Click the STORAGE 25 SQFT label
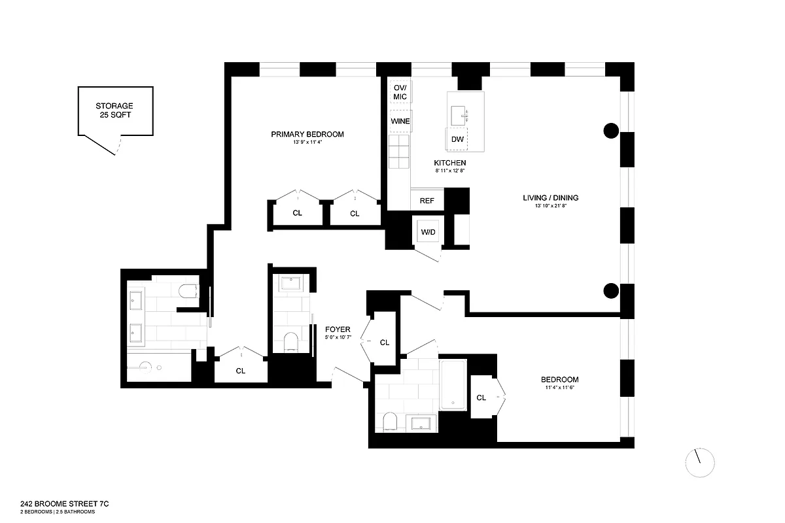[114, 110]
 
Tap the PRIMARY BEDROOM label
[307, 135]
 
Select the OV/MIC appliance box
[400, 92]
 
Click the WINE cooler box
[400, 122]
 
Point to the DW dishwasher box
[457, 139]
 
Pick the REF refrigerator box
[427, 201]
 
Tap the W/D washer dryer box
[428, 232]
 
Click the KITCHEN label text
[449, 163]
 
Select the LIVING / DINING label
[550, 198]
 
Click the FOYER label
[338, 329]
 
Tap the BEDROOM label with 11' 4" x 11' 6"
[559, 380]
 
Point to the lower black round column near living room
[610, 291]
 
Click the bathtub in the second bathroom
[452, 383]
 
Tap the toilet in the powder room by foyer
[291, 341]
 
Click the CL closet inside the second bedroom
[483, 397]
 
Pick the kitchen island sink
[462, 116]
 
